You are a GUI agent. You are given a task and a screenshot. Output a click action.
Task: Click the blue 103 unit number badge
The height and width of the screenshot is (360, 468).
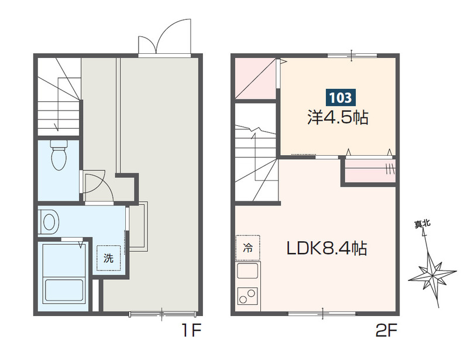(x=340, y=97)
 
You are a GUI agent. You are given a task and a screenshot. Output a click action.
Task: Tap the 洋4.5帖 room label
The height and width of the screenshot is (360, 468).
(x=338, y=118)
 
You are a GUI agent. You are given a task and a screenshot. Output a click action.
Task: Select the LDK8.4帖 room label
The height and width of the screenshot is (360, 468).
(x=327, y=248)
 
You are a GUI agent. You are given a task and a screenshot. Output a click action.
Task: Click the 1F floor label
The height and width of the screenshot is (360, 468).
(x=192, y=330)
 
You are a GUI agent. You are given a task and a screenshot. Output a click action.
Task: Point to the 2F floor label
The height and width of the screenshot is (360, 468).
(x=386, y=330)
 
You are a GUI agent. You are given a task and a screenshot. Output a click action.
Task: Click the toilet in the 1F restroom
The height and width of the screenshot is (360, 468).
(x=59, y=155)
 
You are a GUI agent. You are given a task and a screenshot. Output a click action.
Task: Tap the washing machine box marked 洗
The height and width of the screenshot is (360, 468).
(x=109, y=258)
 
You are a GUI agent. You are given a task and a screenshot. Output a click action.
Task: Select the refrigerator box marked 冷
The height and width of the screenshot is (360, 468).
(x=247, y=248)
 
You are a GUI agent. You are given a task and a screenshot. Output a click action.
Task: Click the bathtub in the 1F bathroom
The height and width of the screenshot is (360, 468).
(x=63, y=290)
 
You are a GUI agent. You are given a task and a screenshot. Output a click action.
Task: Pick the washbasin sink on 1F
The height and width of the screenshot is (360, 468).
(x=49, y=222)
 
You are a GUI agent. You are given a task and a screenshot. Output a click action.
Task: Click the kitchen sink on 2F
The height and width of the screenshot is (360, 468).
(x=247, y=270)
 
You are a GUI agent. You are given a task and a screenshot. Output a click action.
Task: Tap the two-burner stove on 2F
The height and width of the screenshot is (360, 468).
(x=247, y=296)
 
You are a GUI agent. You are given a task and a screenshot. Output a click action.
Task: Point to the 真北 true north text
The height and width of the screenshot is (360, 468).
(x=422, y=224)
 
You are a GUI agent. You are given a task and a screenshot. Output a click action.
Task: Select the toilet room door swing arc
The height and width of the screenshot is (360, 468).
(x=98, y=185)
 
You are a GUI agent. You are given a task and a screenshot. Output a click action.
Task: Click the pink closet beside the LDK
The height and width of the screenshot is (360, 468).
(x=370, y=170)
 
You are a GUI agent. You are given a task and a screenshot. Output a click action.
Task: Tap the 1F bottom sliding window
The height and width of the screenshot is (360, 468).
(x=162, y=314)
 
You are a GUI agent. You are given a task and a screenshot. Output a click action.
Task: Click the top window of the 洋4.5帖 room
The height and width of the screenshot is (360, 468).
(x=352, y=56)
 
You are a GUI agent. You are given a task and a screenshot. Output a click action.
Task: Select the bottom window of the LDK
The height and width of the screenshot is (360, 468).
(x=323, y=313)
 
